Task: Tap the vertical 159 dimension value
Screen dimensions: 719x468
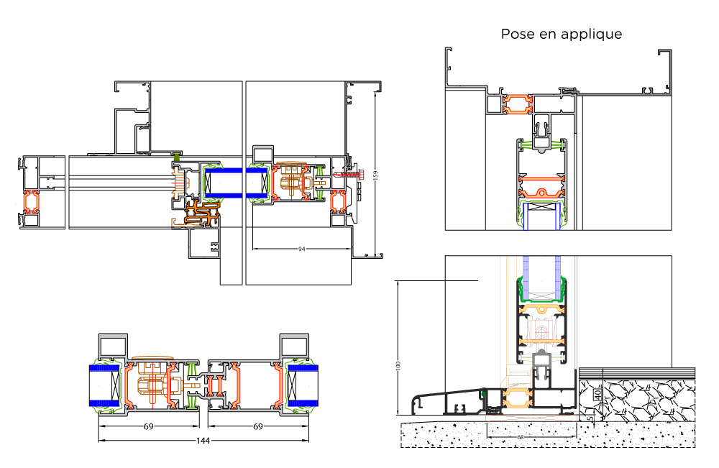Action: [x=375, y=175]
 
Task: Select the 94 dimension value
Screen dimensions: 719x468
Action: [x=301, y=249]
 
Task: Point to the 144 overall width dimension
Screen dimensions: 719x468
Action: [x=203, y=441]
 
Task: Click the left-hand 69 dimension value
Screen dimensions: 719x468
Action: [x=149, y=426]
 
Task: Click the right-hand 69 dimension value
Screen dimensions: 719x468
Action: [x=258, y=426]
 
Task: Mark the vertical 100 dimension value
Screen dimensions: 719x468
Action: [x=398, y=365]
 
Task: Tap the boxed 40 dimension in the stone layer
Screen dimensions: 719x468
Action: [x=597, y=394]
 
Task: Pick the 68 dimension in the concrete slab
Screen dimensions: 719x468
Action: [x=520, y=437]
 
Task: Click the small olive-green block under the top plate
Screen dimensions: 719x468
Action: [x=177, y=155]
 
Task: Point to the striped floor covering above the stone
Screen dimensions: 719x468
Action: [x=637, y=373]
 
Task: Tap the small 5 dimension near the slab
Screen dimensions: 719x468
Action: [x=591, y=418]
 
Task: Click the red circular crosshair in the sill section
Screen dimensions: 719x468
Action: [x=541, y=330]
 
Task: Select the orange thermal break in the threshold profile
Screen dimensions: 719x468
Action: [x=518, y=398]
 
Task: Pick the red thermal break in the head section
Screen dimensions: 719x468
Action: [x=518, y=104]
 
